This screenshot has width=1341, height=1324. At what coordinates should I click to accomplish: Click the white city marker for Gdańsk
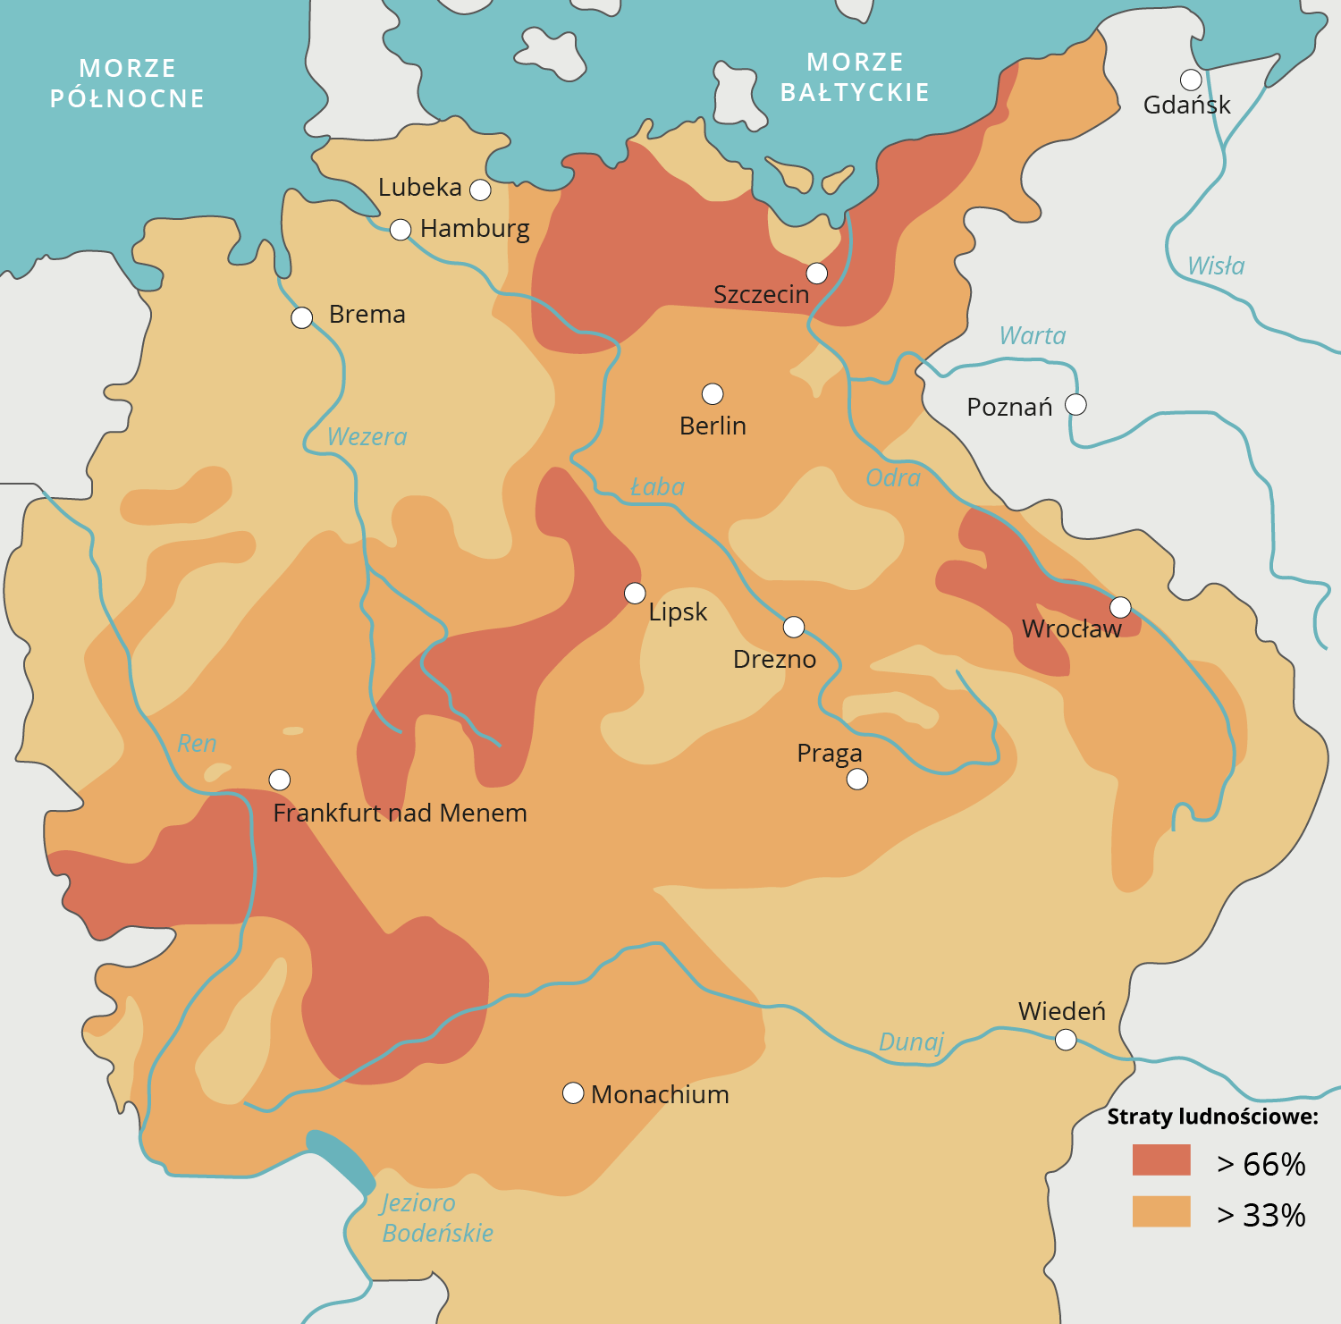(1190, 80)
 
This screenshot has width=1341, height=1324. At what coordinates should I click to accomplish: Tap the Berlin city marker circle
(713, 393)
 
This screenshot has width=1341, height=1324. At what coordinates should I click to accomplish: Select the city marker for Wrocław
(1120, 607)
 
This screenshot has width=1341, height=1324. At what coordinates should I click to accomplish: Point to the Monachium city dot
(573, 1093)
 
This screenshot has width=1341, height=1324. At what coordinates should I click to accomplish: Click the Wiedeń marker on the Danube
(1066, 1040)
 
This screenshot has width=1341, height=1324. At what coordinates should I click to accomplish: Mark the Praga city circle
(857, 780)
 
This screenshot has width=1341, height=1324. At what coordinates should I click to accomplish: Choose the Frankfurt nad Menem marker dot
(280, 780)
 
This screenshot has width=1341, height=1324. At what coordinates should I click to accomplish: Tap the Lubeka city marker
(480, 190)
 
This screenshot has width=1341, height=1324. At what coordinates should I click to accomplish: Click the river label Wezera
(367, 437)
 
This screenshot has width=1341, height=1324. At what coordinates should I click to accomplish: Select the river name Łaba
(657, 487)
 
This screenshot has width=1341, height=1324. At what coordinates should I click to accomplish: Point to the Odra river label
(892, 478)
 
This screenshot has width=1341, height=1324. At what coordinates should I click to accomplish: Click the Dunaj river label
(911, 1042)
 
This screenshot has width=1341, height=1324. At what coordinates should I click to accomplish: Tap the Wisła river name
(1215, 266)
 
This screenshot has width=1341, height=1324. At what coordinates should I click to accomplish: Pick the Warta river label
(1032, 336)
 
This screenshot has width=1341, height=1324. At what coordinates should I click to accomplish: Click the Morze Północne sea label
(127, 83)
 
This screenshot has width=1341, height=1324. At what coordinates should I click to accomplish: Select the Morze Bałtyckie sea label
(855, 77)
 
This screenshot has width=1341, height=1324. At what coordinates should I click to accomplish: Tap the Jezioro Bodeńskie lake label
(436, 1218)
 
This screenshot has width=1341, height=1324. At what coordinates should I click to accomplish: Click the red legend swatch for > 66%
(1161, 1160)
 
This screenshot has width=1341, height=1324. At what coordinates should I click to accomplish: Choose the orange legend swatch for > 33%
(1161, 1211)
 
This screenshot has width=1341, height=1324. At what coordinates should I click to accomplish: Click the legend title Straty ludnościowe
(1212, 1117)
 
